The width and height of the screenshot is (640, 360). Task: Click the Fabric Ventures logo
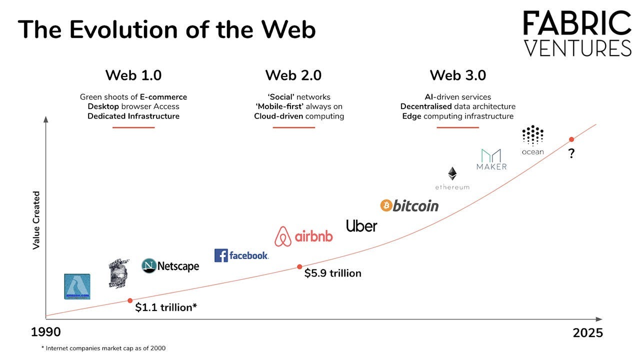pyautogui.click(x=577, y=33)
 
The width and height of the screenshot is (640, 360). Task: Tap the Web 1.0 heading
pyautogui.click(x=133, y=75)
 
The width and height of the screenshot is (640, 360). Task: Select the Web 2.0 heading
pyautogui.click(x=293, y=75)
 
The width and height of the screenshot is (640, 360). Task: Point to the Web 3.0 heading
pyautogui.click(x=457, y=75)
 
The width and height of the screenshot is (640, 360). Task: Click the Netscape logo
pyautogui.click(x=170, y=266)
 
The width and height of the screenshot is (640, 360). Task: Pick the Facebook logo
pyautogui.click(x=241, y=255)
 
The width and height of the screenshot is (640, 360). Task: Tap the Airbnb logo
pyautogui.click(x=303, y=236)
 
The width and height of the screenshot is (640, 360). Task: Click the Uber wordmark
pyautogui.click(x=361, y=226)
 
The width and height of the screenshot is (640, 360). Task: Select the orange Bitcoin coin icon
pyautogui.click(x=385, y=205)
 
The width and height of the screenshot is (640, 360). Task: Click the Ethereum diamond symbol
pyautogui.click(x=452, y=173)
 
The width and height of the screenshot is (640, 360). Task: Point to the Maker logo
pyautogui.click(x=491, y=159)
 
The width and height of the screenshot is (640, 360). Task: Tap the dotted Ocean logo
pyautogui.click(x=532, y=135)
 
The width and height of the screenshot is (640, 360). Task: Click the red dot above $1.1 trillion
pyautogui.click(x=130, y=300)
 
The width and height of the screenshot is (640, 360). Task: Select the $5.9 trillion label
pyautogui.click(x=332, y=273)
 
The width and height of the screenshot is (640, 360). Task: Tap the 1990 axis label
pyautogui.click(x=46, y=332)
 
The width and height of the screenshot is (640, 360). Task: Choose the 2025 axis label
pyautogui.click(x=587, y=333)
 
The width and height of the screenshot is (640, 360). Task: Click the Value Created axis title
pyautogui.click(x=36, y=219)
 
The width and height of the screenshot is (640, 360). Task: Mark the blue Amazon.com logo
pyautogui.click(x=77, y=286)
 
